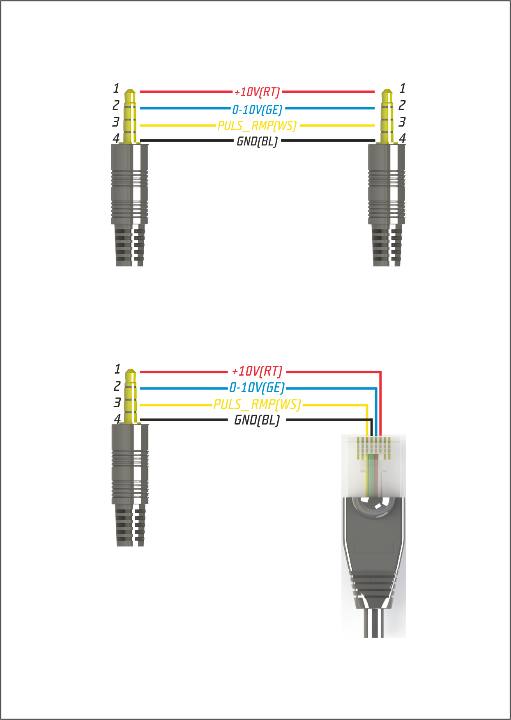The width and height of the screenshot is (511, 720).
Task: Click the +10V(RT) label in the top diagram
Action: (257, 92)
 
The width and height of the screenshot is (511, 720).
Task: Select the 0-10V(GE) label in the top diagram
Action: (257, 109)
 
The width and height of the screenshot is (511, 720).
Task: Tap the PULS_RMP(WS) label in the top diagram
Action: (257, 125)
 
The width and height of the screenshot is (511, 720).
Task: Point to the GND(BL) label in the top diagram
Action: (257, 141)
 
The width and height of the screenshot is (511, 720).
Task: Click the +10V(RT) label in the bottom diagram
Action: (257, 371)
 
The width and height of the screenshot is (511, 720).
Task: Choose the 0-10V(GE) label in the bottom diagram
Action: (257, 388)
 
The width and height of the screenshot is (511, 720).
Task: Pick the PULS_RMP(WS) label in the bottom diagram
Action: (257, 404)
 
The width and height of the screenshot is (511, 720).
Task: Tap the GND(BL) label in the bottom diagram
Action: (257, 420)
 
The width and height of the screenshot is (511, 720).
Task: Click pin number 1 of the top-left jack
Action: (116, 88)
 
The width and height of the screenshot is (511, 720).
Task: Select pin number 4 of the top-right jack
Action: (403, 138)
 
